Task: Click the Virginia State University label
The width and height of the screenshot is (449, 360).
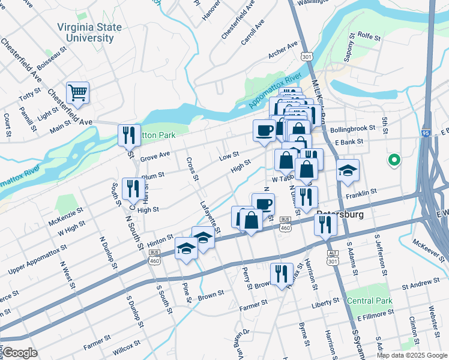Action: [89, 32]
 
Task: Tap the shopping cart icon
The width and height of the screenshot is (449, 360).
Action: [77, 93]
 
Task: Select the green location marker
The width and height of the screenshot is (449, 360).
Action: [394, 160]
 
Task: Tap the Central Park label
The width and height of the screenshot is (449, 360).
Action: [370, 301]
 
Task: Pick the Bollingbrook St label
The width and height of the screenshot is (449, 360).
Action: [352, 128]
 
